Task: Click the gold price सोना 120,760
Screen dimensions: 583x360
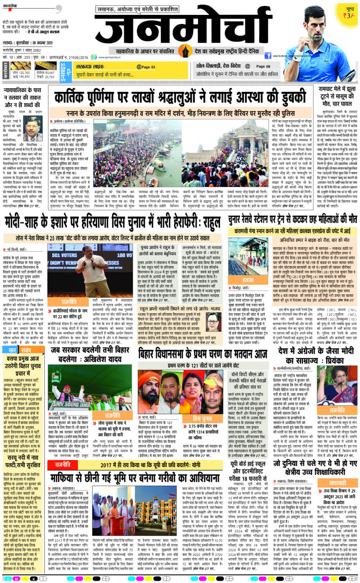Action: [x=21, y=72]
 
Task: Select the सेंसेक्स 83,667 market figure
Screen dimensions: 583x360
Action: [x=46, y=72]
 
